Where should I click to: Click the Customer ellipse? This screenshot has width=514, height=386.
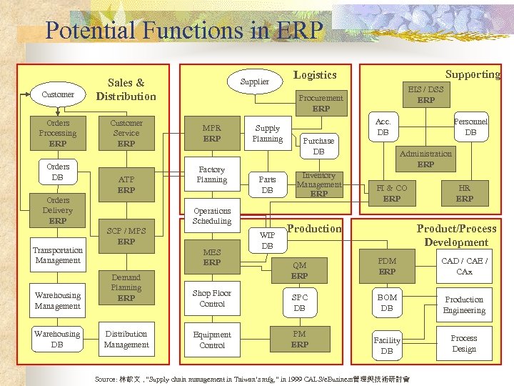58,94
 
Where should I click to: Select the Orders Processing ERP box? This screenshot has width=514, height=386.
58,133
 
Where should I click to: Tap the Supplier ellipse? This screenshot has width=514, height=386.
255,81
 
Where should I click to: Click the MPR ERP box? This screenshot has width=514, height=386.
212,133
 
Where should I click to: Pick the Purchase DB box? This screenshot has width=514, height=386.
318,146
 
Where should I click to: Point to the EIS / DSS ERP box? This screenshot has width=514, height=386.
425,94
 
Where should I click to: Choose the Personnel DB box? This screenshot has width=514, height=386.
470,127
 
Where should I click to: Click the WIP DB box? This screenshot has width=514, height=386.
267,240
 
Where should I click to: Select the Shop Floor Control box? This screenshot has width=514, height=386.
212,299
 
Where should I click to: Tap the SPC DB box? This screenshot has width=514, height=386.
300,302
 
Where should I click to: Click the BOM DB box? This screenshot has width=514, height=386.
387,302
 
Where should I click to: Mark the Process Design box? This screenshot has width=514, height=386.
464,343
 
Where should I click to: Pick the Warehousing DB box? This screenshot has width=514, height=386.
58,339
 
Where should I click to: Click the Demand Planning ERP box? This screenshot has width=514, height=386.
126,287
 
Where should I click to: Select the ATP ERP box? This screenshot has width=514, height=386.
126,184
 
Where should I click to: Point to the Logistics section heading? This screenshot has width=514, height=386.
315,74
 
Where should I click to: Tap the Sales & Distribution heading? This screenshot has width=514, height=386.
126,89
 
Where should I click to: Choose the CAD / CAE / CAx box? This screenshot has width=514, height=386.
464,266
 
